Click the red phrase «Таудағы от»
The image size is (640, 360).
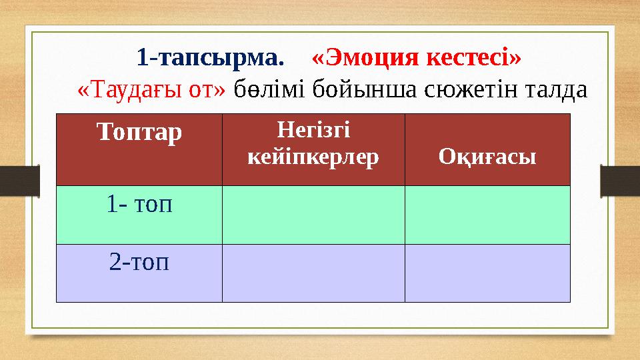152,89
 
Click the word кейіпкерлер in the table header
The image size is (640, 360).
313,157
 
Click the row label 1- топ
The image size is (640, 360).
139,204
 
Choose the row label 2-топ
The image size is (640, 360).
139,262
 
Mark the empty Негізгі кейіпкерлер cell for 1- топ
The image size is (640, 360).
313,215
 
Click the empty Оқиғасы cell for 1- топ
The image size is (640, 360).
487,215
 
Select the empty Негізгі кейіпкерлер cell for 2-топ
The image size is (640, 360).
313,273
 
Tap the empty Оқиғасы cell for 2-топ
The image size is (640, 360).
487,273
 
